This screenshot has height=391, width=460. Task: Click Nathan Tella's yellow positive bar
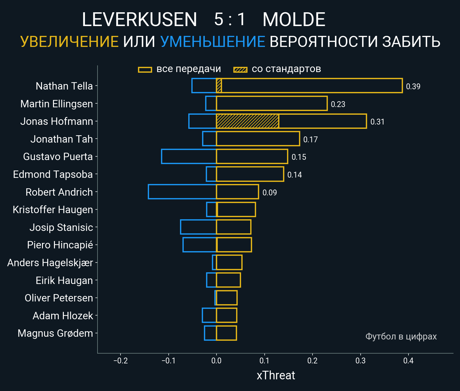point(310,86)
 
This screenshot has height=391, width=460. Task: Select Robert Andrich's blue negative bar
point(182,192)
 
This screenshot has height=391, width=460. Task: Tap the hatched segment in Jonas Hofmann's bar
point(247,121)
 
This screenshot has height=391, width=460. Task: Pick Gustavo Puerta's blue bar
point(189,156)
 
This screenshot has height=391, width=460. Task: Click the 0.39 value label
point(413,86)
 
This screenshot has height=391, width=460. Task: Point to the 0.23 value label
point(338,104)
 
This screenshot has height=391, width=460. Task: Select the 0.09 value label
point(270,193)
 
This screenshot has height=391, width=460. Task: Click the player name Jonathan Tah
point(62,139)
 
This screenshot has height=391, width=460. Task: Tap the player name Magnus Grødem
point(55,333)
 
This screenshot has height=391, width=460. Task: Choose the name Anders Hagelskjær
point(50,263)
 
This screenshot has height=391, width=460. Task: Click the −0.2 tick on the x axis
point(121,361)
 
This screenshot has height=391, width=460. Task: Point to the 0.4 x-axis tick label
point(408,361)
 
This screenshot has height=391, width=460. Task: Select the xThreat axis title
point(276,375)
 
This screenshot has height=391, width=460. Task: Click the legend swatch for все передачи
point(145,70)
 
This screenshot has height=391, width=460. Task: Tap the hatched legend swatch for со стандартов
point(240,70)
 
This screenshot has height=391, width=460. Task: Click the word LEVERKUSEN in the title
point(139,20)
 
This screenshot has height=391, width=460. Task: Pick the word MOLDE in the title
point(294,20)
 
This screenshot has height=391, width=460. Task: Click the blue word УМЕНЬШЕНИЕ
point(213,42)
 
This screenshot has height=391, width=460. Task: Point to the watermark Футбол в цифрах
point(401,336)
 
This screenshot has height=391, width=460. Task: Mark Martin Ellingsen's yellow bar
point(271,103)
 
